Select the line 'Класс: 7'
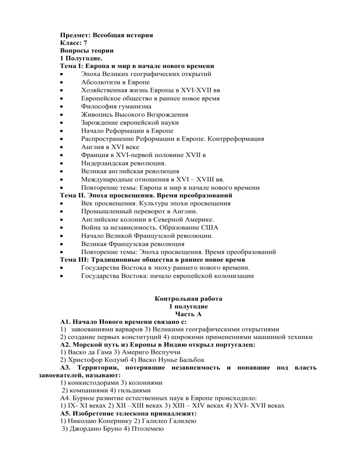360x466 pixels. pyautogui.click(x=74, y=43)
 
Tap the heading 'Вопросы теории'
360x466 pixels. pyautogui.click(x=87, y=51)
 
